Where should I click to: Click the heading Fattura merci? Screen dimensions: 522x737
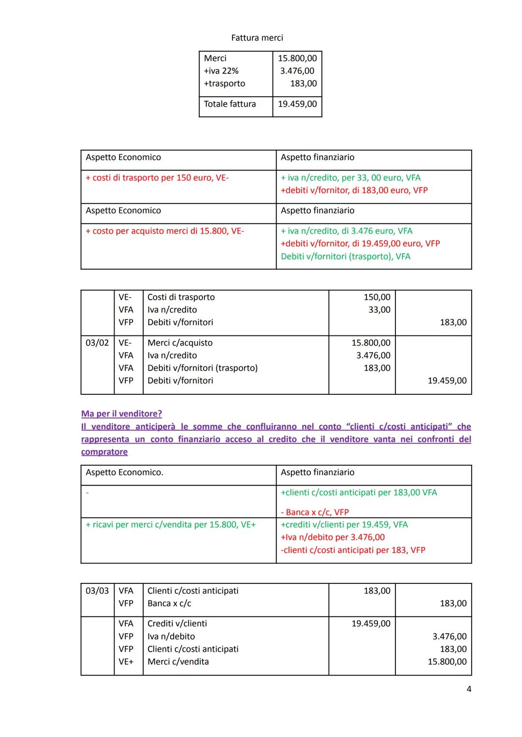[257, 38]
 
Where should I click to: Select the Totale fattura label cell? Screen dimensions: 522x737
[230, 104]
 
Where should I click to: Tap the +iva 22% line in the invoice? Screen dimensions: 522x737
[221, 71]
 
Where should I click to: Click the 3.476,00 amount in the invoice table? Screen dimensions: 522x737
[297, 71]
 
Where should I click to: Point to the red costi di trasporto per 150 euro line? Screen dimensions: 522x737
[157, 178]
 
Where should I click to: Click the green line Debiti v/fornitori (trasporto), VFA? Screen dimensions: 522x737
[346, 257]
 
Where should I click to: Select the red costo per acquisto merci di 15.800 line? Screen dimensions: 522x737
[165, 231]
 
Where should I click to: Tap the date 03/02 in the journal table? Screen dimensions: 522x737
[97, 343]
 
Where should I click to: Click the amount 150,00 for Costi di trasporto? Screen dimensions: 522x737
[377, 297]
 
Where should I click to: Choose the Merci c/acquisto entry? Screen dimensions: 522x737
[180, 343]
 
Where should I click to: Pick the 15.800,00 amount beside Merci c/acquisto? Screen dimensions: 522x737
[371, 343]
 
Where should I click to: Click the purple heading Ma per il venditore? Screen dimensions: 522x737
[121, 414]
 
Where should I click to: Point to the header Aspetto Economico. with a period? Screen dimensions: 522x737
[124, 472]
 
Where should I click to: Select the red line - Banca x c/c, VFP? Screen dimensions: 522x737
[315, 512]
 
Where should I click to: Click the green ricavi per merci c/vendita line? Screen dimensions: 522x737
[171, 525]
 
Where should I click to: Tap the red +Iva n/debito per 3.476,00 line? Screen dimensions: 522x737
[333, 537]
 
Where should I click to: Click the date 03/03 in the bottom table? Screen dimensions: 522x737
[97, 591]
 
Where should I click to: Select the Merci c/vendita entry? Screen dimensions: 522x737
[178, 662]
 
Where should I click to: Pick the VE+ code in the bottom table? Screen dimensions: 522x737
[126, 662]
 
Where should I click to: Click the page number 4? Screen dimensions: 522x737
[468, 689]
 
